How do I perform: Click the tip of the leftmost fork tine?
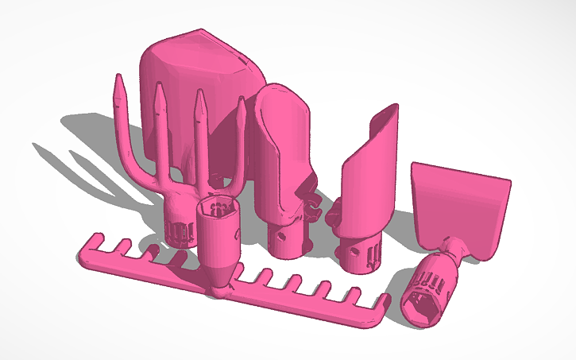tap(118, 77)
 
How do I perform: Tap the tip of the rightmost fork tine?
tap(241, 100)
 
